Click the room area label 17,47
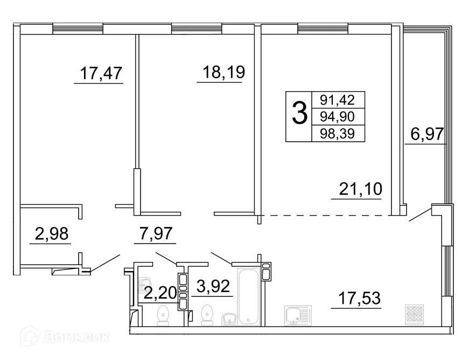(x=101, y=72)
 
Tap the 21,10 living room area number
(x=360, y=189)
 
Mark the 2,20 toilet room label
(x=160, y=294)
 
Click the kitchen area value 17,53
(x=359, y=297)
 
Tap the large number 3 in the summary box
(x=299, y=114)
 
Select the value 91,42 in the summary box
(x=338, y=99)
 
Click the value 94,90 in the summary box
(x=338, y=116)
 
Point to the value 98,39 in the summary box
(x=338, y=133)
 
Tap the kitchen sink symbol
(x=296, y=315)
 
